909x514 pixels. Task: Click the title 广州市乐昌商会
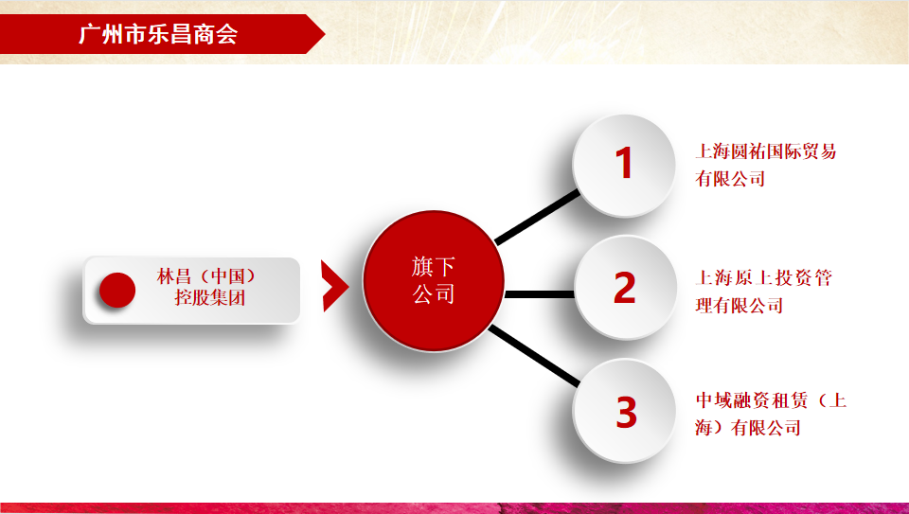[x=158, y=34]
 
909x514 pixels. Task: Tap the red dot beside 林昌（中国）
[x=117, y=290]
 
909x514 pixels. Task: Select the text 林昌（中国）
[x=206, y=275]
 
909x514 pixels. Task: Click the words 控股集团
[x=210, y=297]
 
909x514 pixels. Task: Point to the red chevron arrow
[x=334, y=286]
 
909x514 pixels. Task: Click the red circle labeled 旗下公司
[x=434, y=281]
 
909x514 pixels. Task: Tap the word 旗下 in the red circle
[x=433, y=267]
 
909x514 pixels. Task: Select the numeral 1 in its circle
[x=624, y=163]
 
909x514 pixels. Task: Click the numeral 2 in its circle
[x=624, y=288]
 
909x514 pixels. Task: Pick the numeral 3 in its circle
[x=626, y=412]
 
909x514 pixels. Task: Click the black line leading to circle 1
[x=538, y=217]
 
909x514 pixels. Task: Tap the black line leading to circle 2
[x=540, y=294]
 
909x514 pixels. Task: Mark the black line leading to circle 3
[x=534, y=356]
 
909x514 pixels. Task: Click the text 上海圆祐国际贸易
[x=766, y=151]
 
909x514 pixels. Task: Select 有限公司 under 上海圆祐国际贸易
[x=730, y=179]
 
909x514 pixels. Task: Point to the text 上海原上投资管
[x=764, y=278]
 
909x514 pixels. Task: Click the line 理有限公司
[x=740, y=306]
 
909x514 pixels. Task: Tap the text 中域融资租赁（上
[x=771, y=400]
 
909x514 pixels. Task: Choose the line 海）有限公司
[x=748, y=428]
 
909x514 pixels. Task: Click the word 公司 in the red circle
[x=433, y=293]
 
